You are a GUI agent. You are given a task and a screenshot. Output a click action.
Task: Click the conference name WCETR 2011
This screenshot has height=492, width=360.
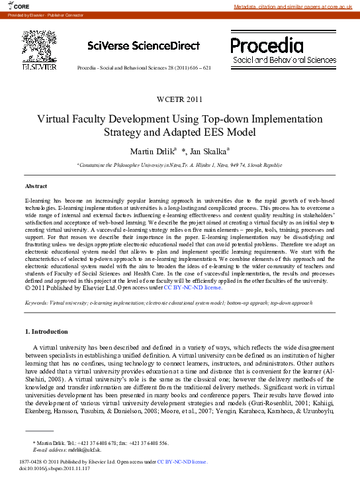click(179, 99)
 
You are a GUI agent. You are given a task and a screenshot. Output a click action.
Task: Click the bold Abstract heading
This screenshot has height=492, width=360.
click(36, 186)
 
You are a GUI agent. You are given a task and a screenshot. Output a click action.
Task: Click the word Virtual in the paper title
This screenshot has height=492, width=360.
click(54, 120)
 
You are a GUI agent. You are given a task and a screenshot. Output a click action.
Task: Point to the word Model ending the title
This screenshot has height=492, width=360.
click(240, 132)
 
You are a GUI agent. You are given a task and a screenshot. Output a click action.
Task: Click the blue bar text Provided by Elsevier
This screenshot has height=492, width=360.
click(37, 14)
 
